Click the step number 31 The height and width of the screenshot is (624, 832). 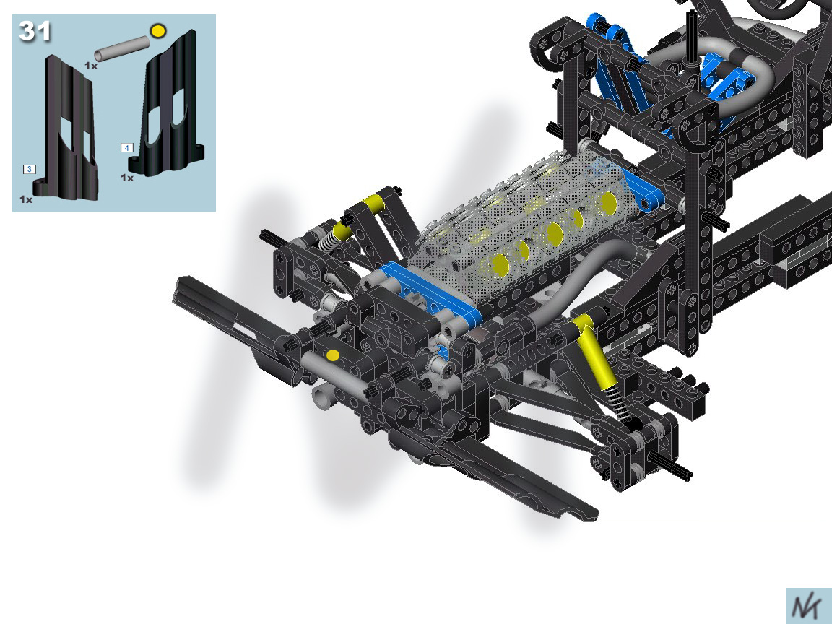point(35,31)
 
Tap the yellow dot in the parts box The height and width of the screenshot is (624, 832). point(157,31)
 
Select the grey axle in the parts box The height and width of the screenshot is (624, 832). point(122,49)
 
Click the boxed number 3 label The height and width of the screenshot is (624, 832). point(29,169)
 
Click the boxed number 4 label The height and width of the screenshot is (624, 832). point(127,147)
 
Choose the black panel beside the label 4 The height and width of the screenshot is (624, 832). point(169,106)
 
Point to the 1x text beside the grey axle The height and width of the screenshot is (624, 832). point(91,66)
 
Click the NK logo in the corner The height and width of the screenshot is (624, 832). point(807,607)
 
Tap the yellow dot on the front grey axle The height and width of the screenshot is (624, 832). point(333,355)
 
